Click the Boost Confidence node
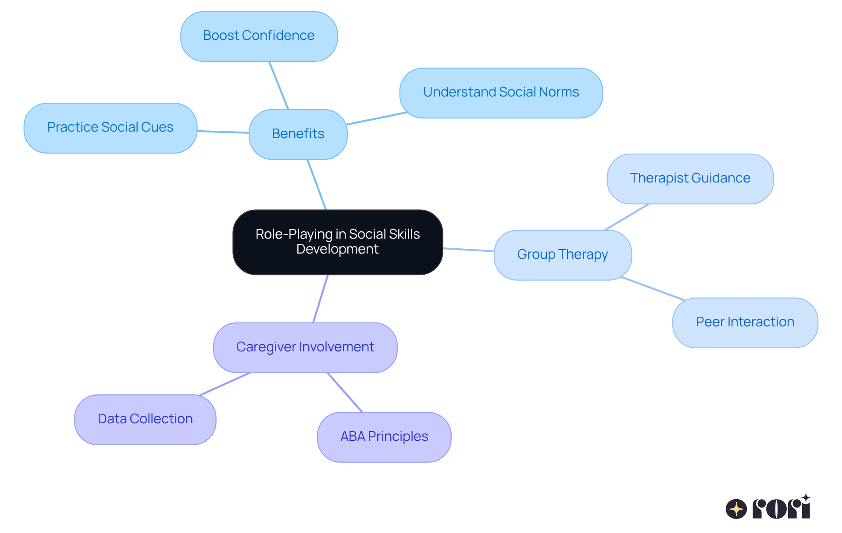point(259,36)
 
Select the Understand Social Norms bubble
point(501,93)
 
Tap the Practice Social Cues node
point(110,128)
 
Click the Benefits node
point(298,134)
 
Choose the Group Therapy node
point(562,255)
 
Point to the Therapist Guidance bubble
point(690,179)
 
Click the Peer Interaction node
point(745,322)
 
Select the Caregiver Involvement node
point(305,347)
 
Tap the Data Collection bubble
point(145,419)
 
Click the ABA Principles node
point(384,437)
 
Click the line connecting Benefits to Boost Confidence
point(279,86)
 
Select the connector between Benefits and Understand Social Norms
point(377,118)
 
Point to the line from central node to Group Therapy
point(468,250)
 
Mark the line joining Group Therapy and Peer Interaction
point(653,289)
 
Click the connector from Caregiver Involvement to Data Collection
point(225,384)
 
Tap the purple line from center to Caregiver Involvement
point(321,299)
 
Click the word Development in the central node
point(337,249)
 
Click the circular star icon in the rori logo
point(736,509)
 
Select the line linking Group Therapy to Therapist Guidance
point(627,217)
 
